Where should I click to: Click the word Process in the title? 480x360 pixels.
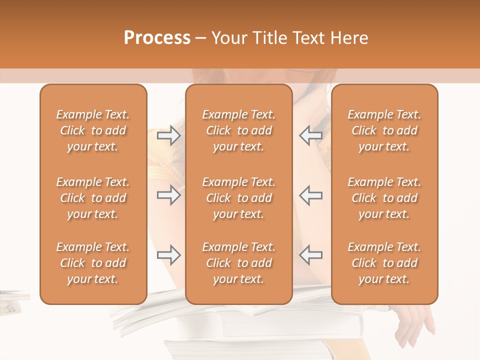[x=157, y=38]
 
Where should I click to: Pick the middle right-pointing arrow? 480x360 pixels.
[x=168, y=195]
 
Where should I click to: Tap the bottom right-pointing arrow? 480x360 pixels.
[x=168, y=255]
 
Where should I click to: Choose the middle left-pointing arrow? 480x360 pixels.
[x=310, y=195]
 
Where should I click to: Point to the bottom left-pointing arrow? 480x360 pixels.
[x=310, y=255]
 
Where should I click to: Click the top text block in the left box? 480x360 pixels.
[x=93, y=130]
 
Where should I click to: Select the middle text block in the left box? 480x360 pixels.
[x=93, y=198]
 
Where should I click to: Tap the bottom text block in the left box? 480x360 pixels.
[x=93, y=263]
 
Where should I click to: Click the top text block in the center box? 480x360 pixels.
[x=238, y=130]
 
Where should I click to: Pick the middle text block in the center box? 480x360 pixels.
[x=238, y=198]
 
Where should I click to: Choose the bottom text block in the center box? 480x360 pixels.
[x=238, y=263]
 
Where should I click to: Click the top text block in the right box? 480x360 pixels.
[x=384, y=130]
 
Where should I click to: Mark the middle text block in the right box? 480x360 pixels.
[x=384, y=198]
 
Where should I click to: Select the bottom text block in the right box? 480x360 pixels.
[x=384, y=263]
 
